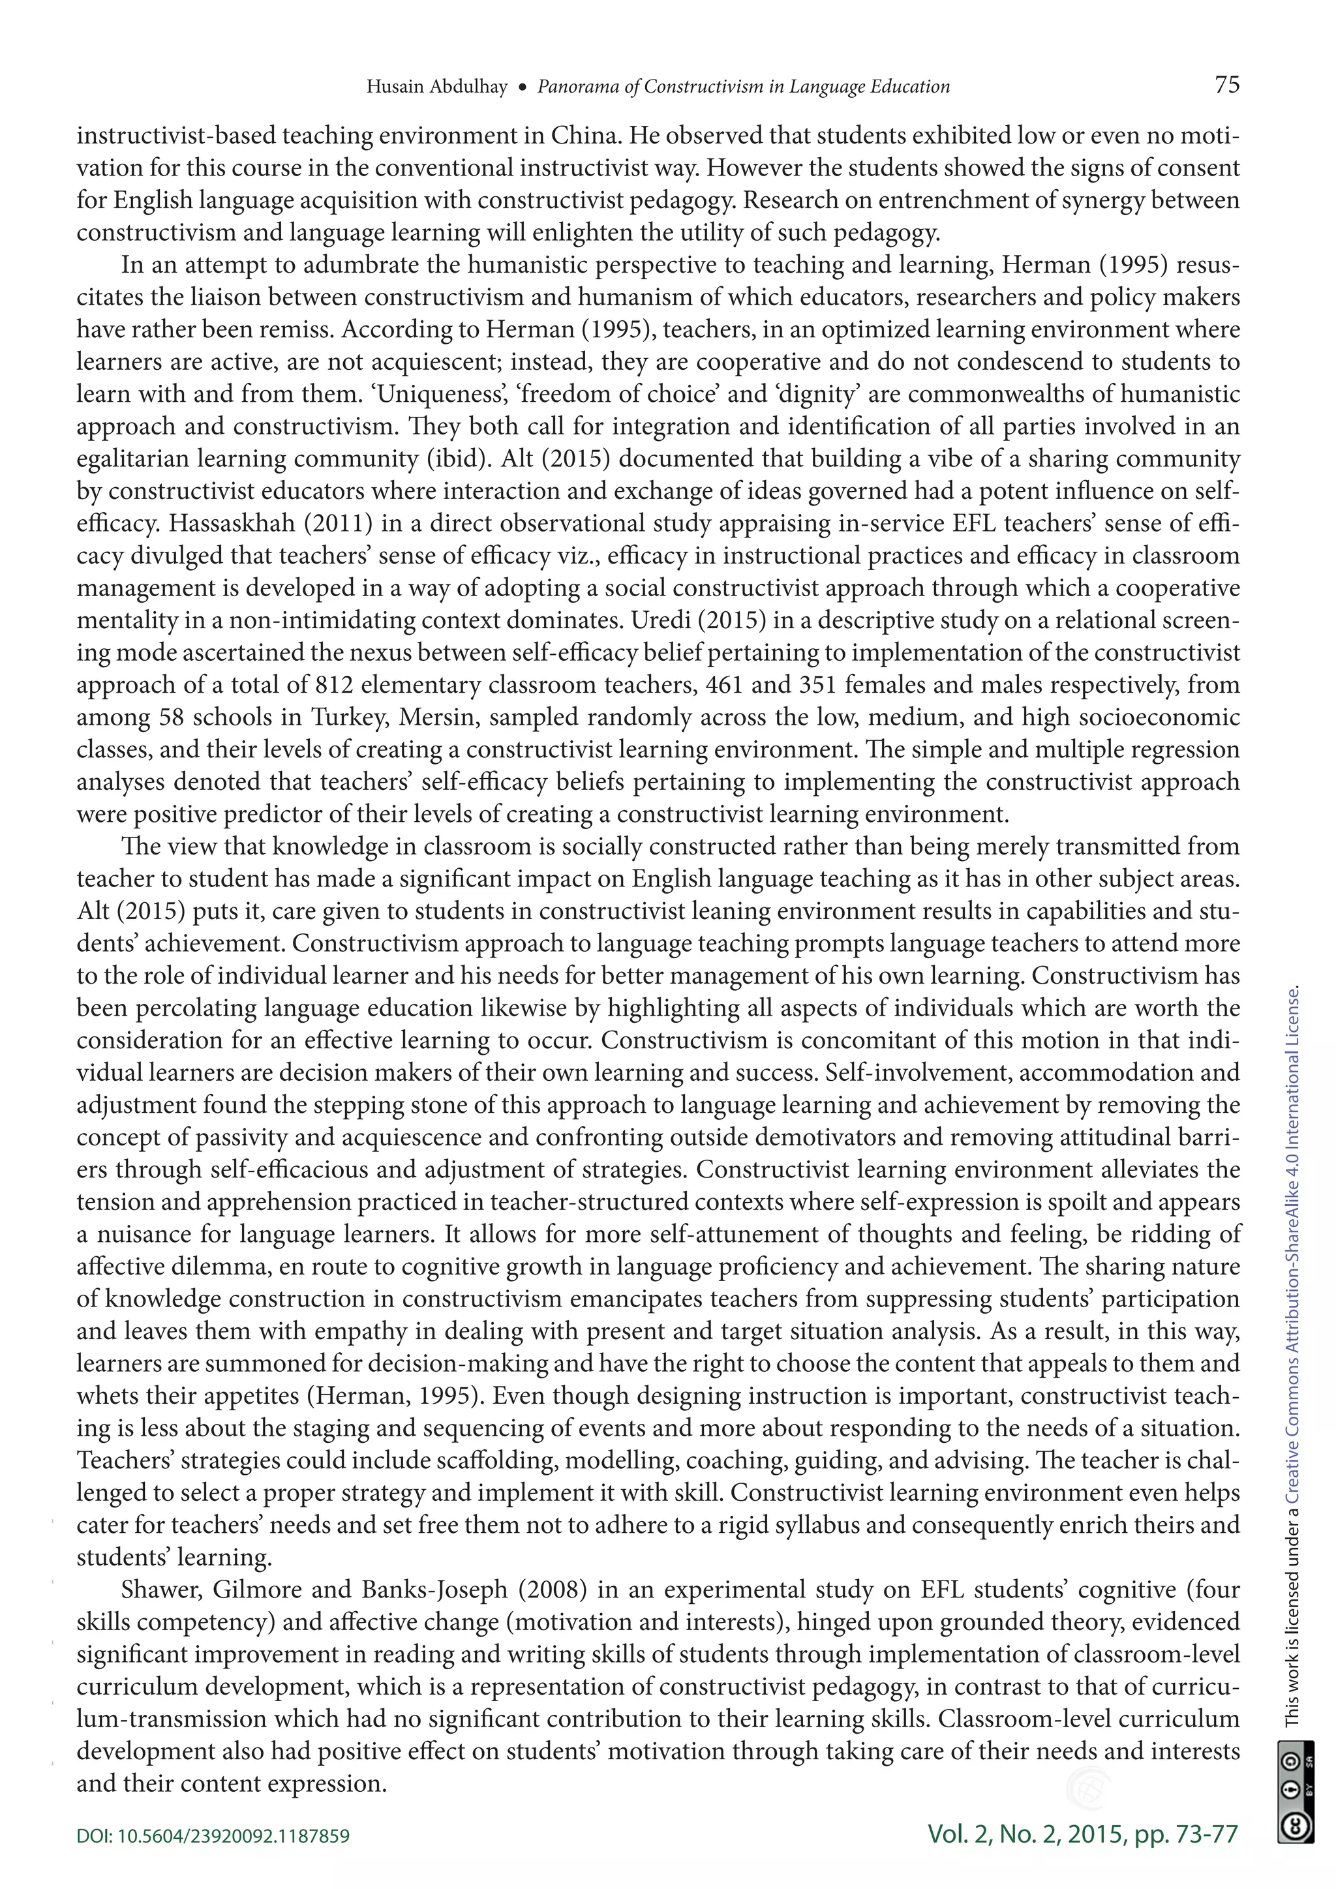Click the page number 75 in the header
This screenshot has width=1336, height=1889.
point(1226,85)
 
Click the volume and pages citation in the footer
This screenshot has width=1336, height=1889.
point(1082,1833)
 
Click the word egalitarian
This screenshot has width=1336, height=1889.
point(132,459)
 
